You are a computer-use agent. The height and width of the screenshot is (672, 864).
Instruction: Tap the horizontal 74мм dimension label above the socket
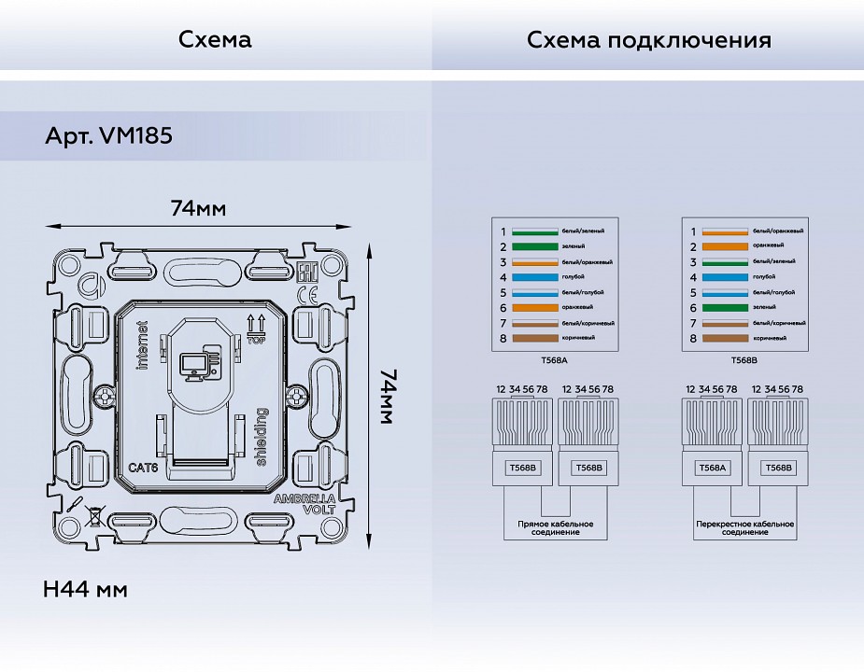coord(197,208)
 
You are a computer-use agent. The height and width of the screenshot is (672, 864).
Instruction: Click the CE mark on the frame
coord(304,296)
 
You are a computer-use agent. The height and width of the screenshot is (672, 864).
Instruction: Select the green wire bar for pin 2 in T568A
coord(533,247)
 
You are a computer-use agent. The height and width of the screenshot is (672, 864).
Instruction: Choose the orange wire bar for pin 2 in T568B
coord(725,247)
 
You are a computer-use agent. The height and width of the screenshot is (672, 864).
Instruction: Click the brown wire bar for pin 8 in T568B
coord(725,338)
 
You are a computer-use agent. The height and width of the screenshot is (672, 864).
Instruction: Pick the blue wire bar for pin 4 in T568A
coord(533,277)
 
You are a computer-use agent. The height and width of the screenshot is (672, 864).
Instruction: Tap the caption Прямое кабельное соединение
coord(555,527)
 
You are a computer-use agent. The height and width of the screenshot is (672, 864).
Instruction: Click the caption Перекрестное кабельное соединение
coord(744,527)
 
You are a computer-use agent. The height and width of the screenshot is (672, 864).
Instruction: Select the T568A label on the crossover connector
coord(712,468)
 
